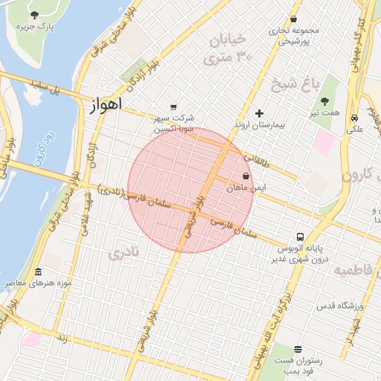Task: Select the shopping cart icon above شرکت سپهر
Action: (173, 106)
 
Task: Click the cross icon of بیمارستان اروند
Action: (259, 113)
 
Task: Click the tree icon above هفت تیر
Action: (324, 100)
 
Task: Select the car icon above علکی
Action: (355, 118)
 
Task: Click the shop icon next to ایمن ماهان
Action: (246, 176)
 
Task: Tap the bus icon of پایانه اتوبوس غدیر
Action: (299, 234)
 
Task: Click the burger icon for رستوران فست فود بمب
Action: (298, 349)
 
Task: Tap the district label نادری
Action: (124, 254)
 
